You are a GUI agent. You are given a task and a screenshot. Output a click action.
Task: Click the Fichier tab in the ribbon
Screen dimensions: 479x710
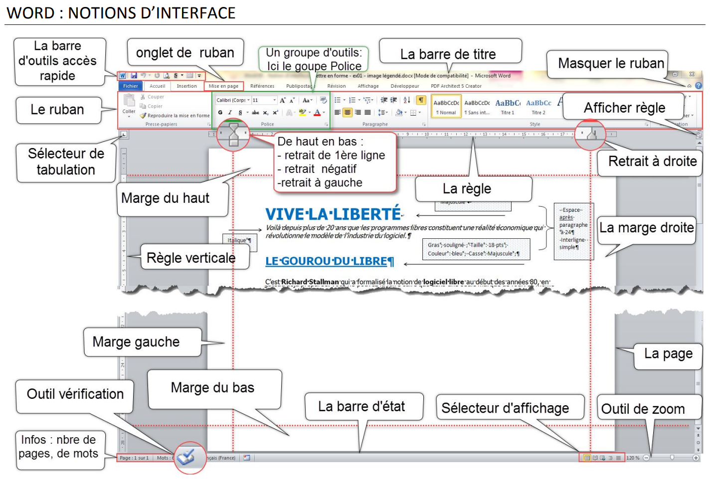[x=131, y=86]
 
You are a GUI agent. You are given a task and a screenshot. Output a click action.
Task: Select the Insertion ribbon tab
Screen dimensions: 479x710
[x=186, y=86]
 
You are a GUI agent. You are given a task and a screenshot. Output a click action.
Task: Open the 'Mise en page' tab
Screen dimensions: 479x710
[x=223, y=86]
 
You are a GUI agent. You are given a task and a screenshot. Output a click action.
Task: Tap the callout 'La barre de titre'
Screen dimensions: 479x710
[x=448, y=54]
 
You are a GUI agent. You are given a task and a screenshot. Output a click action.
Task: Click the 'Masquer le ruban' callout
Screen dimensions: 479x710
[x=611, y=63]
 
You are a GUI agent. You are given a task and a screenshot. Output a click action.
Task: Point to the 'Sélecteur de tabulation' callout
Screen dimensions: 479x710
[x=66, y=161]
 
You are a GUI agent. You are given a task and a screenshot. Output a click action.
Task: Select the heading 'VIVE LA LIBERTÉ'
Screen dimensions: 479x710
[x=333, y=214]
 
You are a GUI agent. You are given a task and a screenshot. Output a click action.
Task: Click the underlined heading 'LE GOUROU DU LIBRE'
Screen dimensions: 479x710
[x=329, y=261]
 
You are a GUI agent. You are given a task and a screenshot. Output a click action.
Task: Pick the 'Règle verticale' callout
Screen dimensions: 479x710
[x=191, y=258]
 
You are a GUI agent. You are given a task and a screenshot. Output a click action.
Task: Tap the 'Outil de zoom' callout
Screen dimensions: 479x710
[x=643, y=409]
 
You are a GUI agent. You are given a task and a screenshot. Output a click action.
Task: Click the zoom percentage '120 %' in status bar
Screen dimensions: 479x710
[x=633, y=458]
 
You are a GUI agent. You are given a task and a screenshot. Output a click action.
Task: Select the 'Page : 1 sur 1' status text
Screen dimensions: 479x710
[x=134, y=458]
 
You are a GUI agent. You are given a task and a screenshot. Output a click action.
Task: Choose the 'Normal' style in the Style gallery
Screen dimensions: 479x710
[x=446, y=107]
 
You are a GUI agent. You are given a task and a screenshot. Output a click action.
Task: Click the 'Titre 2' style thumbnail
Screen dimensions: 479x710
[x=538, y=107]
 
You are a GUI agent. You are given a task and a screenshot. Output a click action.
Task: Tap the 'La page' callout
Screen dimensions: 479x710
[x=668, y=353]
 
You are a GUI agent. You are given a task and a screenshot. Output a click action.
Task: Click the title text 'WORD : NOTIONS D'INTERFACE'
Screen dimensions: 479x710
[x=121, y=13]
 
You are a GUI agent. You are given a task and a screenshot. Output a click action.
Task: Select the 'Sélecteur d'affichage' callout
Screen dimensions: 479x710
[x=505, y=408]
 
